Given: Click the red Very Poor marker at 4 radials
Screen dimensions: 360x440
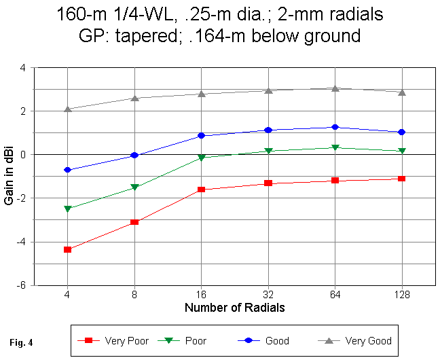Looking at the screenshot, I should tap(67, 249).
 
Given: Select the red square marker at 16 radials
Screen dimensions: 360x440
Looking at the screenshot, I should tap(201, 190).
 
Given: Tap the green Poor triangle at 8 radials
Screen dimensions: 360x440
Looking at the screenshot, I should tap(134, 187).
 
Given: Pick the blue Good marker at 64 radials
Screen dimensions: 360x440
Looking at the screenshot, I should tap(335, 127).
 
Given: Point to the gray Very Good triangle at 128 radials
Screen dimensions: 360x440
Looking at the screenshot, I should tap(402, 92).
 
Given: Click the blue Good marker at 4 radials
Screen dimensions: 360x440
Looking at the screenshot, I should tap(67, 170).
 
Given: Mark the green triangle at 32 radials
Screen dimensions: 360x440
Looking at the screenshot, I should tap(268, 151).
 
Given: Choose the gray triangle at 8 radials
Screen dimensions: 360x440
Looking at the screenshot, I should tap(134, 98).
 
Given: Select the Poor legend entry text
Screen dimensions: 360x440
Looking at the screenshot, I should tap(196, 340).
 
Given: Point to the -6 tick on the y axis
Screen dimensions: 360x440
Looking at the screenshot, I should tap(22, 286).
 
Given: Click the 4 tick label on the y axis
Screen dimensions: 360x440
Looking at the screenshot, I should tap(23, 68).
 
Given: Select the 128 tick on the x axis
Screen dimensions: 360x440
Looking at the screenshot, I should tap(402, 295).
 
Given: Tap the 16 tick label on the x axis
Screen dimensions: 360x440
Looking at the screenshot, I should tap(201, 295).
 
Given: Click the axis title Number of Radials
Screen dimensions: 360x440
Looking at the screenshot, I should tap(234, 308).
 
